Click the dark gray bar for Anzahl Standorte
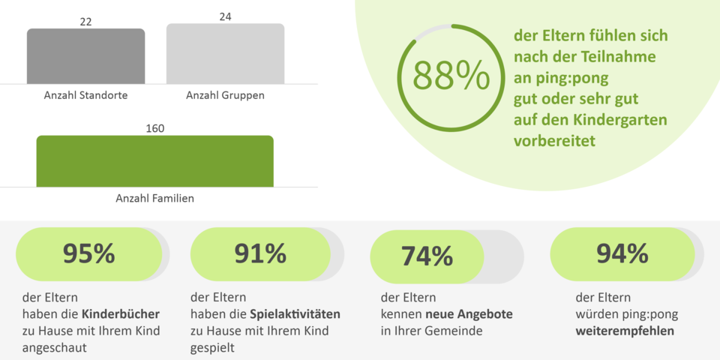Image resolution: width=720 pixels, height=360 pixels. point(85,56)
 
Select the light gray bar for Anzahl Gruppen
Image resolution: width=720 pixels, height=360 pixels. point(225,54)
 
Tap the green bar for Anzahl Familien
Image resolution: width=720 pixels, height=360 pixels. point(154,160)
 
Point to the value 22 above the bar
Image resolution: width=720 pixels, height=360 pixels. point(85,22)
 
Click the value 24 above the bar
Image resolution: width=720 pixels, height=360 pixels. point(225,16)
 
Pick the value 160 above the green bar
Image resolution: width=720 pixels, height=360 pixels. point(154,128)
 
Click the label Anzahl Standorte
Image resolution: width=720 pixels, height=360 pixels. point(85,95)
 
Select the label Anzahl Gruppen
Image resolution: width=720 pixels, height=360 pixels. point(225,95)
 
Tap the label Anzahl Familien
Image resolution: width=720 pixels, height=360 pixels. point(154,199)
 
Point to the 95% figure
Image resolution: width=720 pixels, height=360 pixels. point(88,254)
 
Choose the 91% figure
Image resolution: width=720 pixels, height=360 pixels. point(260,253)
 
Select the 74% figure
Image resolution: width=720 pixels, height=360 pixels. point(427,256)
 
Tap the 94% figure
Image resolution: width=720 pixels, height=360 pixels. point(622,254)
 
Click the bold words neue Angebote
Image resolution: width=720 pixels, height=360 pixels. point(469,313)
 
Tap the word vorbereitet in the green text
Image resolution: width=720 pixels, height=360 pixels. point(554,140)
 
